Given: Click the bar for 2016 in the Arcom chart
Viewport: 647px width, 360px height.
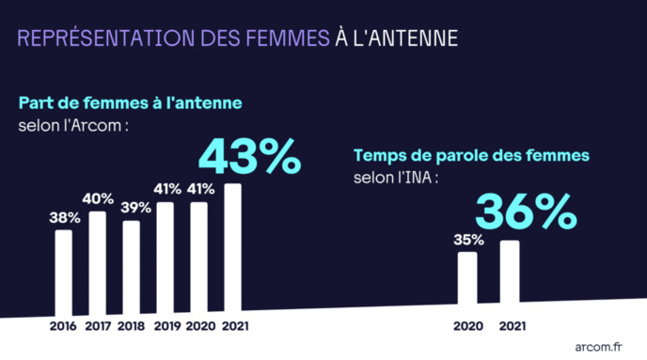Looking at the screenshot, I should pyautogui.click(x=63, y=272).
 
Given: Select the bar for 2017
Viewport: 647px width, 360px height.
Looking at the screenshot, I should pyautogui.click(x=97, y=263).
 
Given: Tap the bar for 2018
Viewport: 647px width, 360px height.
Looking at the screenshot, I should pyautogui.click(x=131, y=267).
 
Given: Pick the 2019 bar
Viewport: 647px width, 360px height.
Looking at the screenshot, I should pyautogui.click(x=165, y=257).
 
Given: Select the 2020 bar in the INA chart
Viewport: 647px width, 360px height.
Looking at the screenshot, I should pyautogui.click(x=467, y=278).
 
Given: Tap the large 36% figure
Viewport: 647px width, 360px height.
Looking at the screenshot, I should pyautogui.click(x=525, y=212).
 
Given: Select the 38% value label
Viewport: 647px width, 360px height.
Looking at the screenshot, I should pyautogui.click(x=63, y=218).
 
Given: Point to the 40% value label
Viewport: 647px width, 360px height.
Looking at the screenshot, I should pyautogui.click(x=98, y=198).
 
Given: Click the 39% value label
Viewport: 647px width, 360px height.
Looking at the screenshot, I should pyautogui.click(x=131, y=208).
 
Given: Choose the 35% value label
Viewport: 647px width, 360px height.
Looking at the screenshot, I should pyautogui.click(x=467, y=239).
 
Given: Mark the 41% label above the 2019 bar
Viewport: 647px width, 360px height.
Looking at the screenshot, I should pyautogui.click(x=166, y=189).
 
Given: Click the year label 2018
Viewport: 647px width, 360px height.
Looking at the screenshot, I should pyautogui.click(x=131, y=326).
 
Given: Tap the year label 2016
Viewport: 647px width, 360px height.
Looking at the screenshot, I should pyautogui.click(x=63, y=326).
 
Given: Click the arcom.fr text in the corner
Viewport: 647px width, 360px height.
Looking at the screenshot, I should pyautogui.click(x=598, y=346).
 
